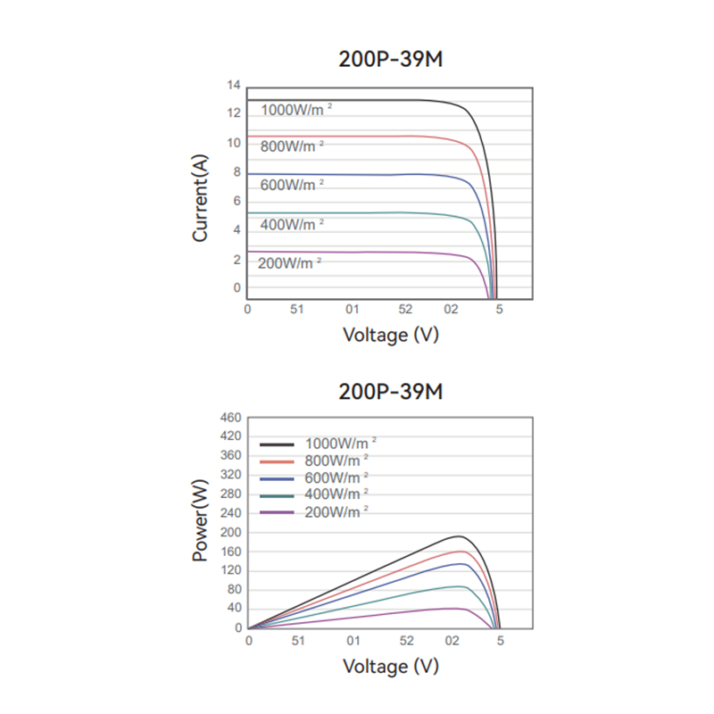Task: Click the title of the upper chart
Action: pyautogui.click(x=391, y=59)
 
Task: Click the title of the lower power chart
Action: pyautogui.click(x=391, y=392)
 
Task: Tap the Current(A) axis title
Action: pyautogui.click(x=201, y=197)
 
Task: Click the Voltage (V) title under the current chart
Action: pyautogui.click(x=391, y=335)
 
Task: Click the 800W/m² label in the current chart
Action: pyautogui.click(x=292, y=145)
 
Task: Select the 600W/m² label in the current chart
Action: pyautogui.click(x=292, y=185)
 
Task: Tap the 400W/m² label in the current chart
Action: pyautogui.click(x=292, y=224)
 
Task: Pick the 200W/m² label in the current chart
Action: pyautogui.click(x=289, y=263)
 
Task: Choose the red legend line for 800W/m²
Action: pyautogui.click(x=277, y=461)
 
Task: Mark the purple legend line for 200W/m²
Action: pyautogui.click(x=277, y=511)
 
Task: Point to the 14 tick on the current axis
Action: pyautogui.click(x=234, y=86)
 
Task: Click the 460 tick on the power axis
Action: pyautogui.click(x=231, y=418)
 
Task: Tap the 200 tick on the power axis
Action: pyautogui.click(x=231, y=532)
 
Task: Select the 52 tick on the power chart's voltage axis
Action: pyautogui.click(x=406, y=641)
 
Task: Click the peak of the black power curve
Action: pyautogui.click(x=459, y=536)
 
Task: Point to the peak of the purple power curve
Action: pyautogui.click(x=457, y=609)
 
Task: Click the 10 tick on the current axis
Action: pyautogui.click(x=234, y=143)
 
